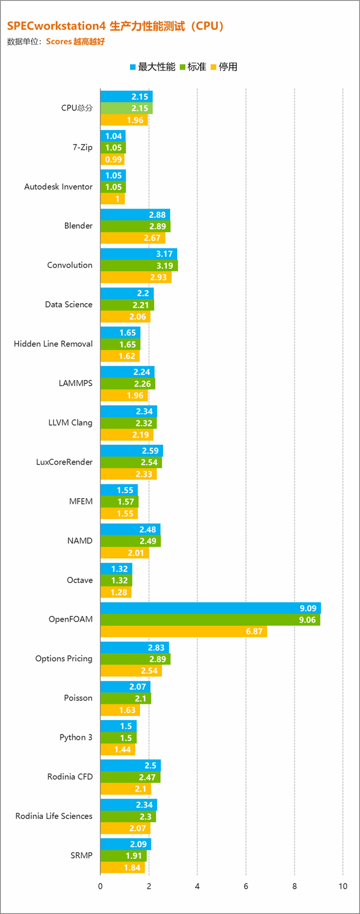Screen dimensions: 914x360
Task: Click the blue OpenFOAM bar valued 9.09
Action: [210, 608]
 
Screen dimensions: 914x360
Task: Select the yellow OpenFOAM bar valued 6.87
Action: [183, 631]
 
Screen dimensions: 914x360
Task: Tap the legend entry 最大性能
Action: [152, 67]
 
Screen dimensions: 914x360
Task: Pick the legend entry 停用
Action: [224, 67]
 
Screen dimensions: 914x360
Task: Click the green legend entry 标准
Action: [193, 67]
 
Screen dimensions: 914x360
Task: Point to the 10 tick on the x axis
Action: [343, 886]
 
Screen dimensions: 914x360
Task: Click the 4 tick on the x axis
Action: [197, 886]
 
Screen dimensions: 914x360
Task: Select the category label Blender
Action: [78, 226]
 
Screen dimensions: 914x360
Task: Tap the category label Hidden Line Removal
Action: [53, 344]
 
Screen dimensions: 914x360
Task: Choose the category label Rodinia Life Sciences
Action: [54, 816]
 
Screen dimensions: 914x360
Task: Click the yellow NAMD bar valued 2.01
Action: [124, 553]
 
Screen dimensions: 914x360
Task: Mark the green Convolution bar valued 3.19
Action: [139, 266]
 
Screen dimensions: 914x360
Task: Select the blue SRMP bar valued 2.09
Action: [125, 844]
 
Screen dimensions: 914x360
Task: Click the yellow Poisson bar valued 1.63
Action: [120, 710]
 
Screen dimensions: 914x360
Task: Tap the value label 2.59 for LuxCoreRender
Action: [150, 451]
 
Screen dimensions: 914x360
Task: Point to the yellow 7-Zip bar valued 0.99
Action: [112, 159]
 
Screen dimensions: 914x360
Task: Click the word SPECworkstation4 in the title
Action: [55, 26]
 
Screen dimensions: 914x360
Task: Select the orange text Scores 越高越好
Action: [75, 42]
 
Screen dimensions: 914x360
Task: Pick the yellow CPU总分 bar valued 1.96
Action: [124, 120]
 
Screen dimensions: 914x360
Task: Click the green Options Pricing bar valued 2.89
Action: [135, 659]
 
